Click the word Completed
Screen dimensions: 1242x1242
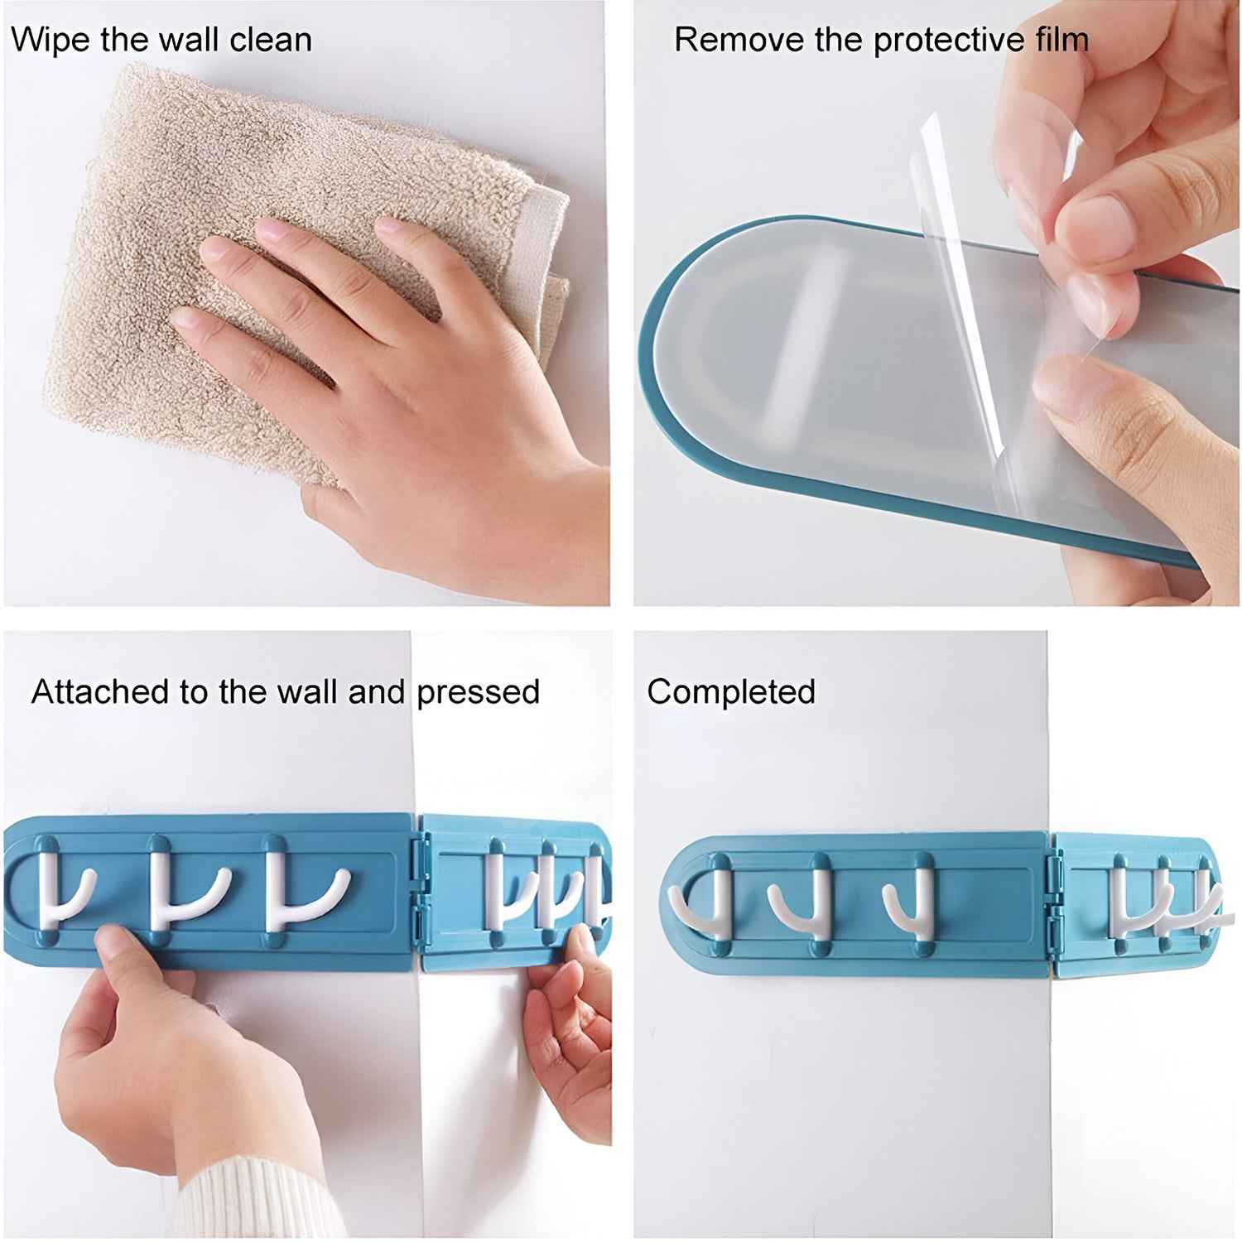click(731, 691)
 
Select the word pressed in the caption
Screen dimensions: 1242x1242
click(478, 692)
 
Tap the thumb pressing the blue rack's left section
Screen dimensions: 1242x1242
click(116, 948)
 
